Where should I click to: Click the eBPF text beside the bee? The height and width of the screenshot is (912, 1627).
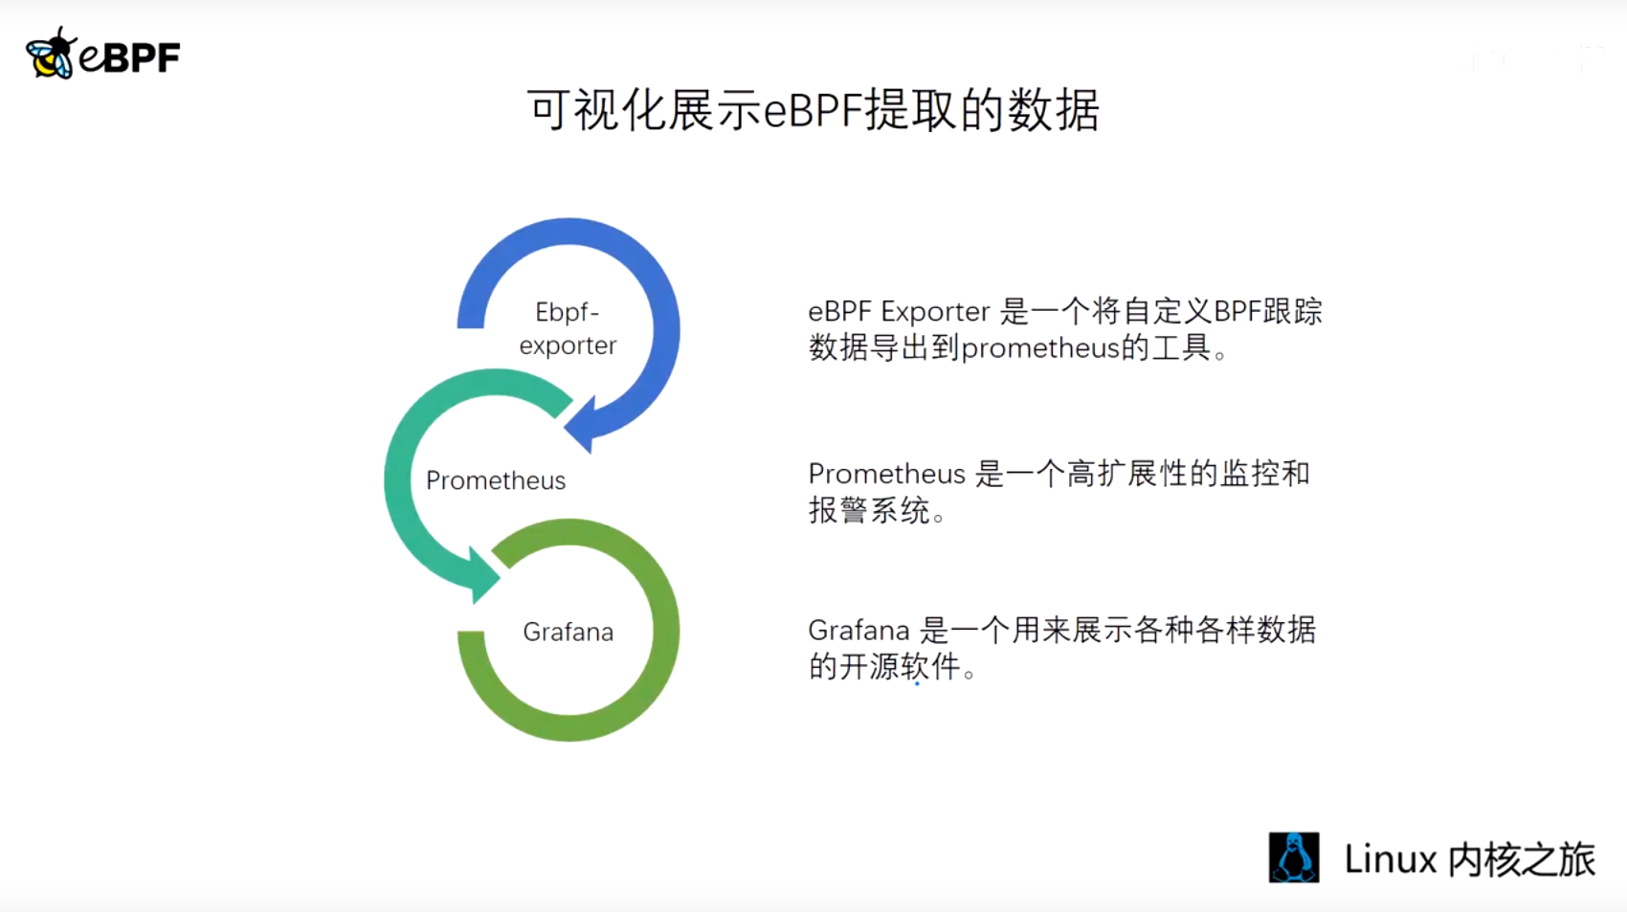[130, 57]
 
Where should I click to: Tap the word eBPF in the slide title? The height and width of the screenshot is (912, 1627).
[813, 112]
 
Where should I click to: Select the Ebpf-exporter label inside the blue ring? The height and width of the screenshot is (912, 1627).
[568, 328]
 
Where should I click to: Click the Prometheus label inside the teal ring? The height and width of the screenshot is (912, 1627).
[496, 480]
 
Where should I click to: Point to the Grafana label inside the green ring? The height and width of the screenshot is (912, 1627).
[568, 632]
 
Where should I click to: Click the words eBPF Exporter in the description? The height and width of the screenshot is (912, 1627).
[899, 312]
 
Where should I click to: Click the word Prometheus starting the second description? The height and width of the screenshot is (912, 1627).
[886, 474]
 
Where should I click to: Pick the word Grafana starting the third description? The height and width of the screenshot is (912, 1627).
[858, 631]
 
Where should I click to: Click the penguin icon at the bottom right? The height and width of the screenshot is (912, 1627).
[1294, 857]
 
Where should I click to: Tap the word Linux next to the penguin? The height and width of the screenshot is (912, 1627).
[1391, 859]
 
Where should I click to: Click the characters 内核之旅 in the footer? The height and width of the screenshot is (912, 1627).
[1522, 859]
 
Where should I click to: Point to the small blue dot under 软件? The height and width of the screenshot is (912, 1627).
[918, 684]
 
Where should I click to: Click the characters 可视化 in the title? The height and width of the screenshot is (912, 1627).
[595, 111]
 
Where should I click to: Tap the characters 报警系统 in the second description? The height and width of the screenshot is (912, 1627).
[869, 510]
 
